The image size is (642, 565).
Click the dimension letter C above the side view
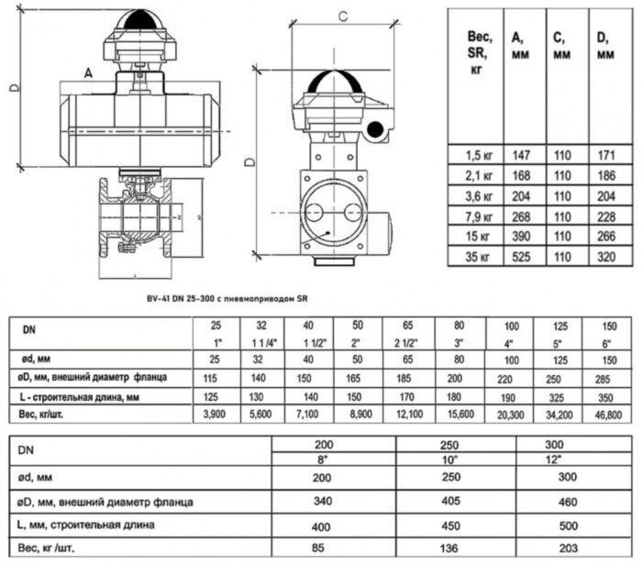coord(342,16)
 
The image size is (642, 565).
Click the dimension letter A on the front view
coord(88,72)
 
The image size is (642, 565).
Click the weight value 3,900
coord(216,415)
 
